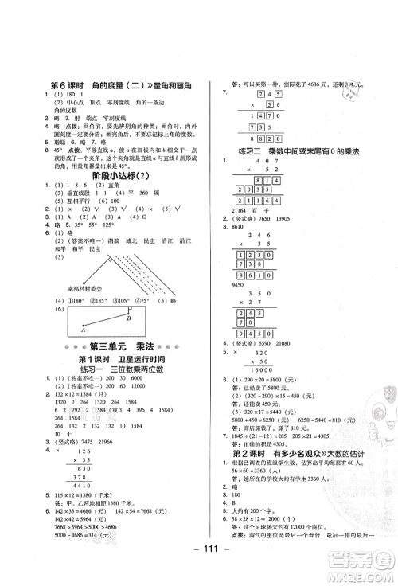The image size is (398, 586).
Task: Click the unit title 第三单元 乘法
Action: point(103,346)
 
